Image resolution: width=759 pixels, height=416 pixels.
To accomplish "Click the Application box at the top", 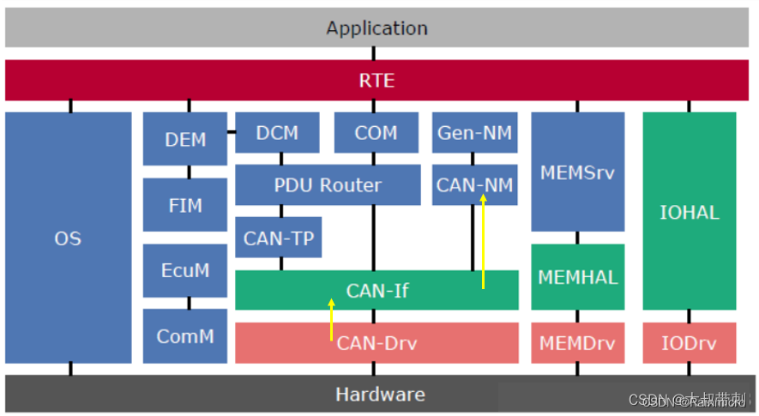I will [376, 27].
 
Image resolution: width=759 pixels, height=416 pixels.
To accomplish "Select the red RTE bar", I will [376, 81].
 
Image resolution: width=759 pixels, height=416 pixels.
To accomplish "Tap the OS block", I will [68, 238].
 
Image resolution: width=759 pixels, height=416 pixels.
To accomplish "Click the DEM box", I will [185, 139].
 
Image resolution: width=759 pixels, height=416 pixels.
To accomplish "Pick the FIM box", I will [185, 205].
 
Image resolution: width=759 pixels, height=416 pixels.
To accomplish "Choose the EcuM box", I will [185, 270].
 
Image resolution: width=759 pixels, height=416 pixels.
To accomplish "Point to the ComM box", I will [185, 336].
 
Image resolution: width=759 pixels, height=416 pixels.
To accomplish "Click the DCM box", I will [277, 133].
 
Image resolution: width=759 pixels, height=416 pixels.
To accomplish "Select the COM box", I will [376, 133].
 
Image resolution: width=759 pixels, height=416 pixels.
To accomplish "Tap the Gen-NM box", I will [474, 133].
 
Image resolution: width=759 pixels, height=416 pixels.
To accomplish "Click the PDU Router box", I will [328, 184].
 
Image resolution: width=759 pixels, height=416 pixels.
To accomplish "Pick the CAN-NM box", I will [474, 184].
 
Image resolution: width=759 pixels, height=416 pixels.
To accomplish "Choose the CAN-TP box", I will [278, 238].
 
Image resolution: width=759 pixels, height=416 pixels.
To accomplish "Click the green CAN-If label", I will [377, 291].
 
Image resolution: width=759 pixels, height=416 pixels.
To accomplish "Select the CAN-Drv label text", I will [377, 344].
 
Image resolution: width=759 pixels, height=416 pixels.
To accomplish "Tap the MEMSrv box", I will [577, 172].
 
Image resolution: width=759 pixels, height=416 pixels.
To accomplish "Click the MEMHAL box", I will [577, 277].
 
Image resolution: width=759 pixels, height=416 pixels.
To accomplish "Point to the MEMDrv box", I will [577, 343].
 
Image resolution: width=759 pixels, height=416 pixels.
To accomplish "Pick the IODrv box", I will [689, 343].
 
